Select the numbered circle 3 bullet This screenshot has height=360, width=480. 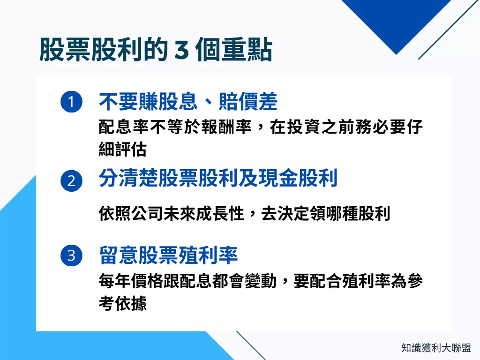71,256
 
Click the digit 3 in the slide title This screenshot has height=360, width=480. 181,51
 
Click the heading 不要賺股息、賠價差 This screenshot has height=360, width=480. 188,102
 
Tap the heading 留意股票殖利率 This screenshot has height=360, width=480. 168,255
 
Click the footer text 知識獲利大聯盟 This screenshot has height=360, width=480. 436,348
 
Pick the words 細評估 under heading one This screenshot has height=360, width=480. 123,149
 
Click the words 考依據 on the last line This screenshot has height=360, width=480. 123,303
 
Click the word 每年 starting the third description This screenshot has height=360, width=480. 111,282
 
